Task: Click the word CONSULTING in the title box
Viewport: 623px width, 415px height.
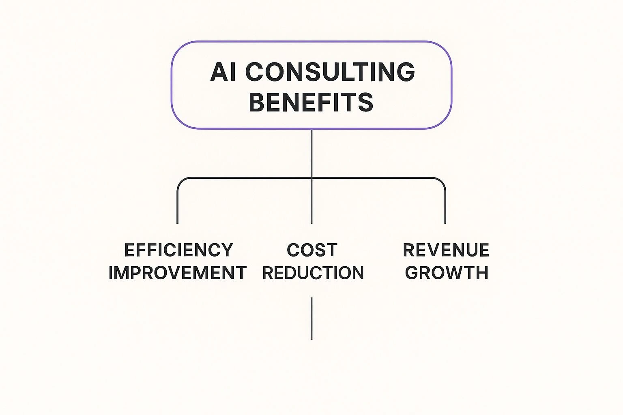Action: (330, 72)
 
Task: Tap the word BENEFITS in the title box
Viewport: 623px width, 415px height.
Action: (311, 102)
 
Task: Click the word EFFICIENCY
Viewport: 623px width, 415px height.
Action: (178, 250)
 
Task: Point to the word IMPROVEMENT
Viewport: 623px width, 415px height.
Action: (178, 273)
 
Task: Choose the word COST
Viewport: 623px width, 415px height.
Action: (312, 250)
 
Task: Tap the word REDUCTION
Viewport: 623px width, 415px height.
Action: (313, 273)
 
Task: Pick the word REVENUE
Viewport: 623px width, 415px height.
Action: (446, 250)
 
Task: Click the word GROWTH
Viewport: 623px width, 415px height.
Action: (447, 273)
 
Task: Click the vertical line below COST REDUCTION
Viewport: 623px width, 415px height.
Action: (311, 319)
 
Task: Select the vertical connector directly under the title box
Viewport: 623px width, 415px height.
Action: (311, 153)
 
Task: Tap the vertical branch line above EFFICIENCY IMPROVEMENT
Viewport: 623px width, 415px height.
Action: (177, 205)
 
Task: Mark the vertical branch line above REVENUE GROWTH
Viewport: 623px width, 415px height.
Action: (445, 205)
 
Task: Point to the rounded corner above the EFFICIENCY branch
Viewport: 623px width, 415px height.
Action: (180, 181)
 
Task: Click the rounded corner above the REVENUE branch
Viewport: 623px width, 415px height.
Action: (442, 181)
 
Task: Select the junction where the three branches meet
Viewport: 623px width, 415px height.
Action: (311, 178)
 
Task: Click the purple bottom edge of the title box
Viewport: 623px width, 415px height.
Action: (311, 128)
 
